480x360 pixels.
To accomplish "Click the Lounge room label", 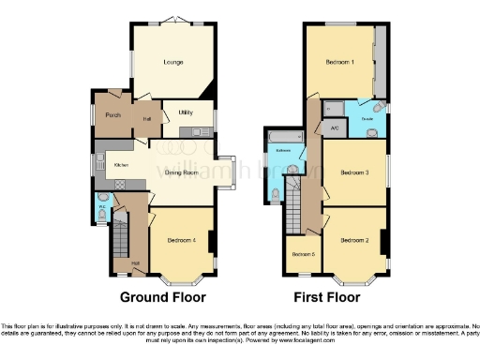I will pyautogui.click(x=172, y=63).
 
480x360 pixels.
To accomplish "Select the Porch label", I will pyautogui.click(x=113, y=115).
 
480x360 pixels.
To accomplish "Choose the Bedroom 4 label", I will pyautogui.click(x=181, y=240).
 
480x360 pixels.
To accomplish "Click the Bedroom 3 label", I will pyautogui.click(x=353, y=172).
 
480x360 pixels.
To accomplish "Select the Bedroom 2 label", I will pyautogui.click(x=353, y=240).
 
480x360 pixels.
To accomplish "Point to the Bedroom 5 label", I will pyautogui.click(x=302, y=255).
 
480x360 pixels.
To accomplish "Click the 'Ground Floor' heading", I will pyautogui.click(x=162, y=298).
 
